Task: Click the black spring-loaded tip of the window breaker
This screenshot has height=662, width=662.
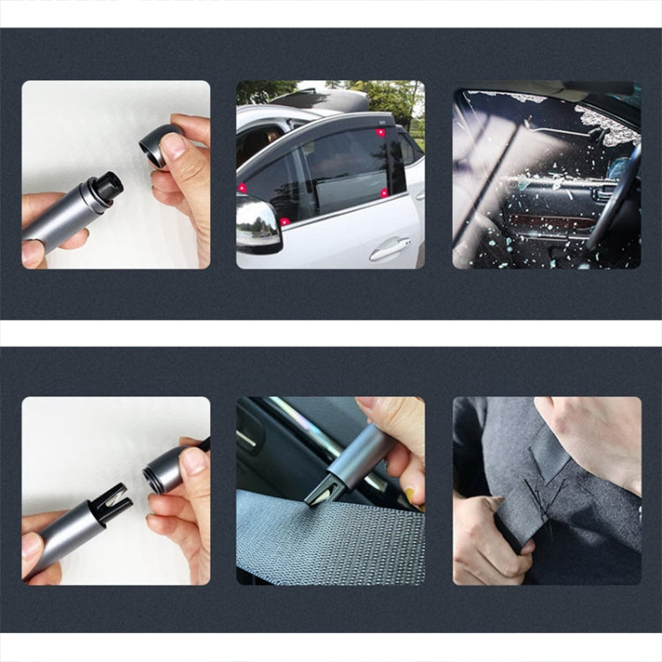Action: (x=109, y=186)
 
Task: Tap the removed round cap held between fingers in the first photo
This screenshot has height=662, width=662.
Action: (x=154, y=144)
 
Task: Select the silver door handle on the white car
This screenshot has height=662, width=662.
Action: (x=389, y=250)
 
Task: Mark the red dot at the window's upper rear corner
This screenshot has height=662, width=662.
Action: (x=380, y=132)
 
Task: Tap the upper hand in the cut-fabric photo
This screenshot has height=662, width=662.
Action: (x=591, y=437)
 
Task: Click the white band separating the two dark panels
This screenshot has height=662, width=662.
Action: (x=331, y=333)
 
